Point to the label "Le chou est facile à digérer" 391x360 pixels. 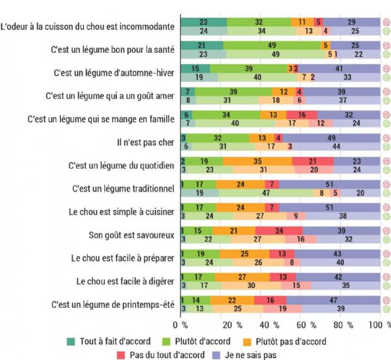tap(124, 281)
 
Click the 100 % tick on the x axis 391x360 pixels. tap(379, 324)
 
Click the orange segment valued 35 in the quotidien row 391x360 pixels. tap(257, 160)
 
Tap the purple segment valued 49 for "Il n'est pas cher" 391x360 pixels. tap(331, 138)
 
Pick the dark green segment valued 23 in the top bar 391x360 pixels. tap(203, 22)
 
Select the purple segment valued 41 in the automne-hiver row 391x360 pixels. tap(339, 68)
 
